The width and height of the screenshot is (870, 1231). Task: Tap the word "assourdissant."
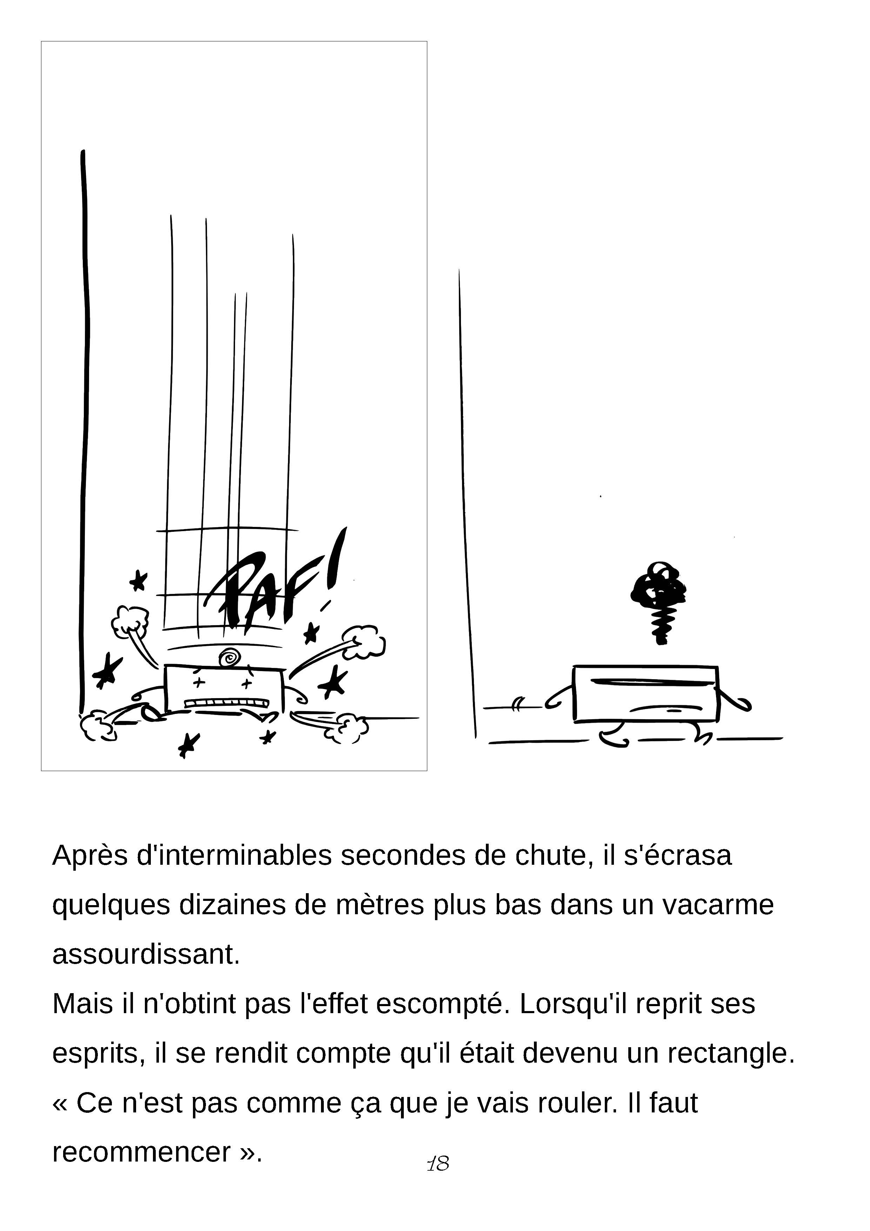click(146, 954)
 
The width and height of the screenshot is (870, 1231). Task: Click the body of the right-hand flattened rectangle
click(645, 694)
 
